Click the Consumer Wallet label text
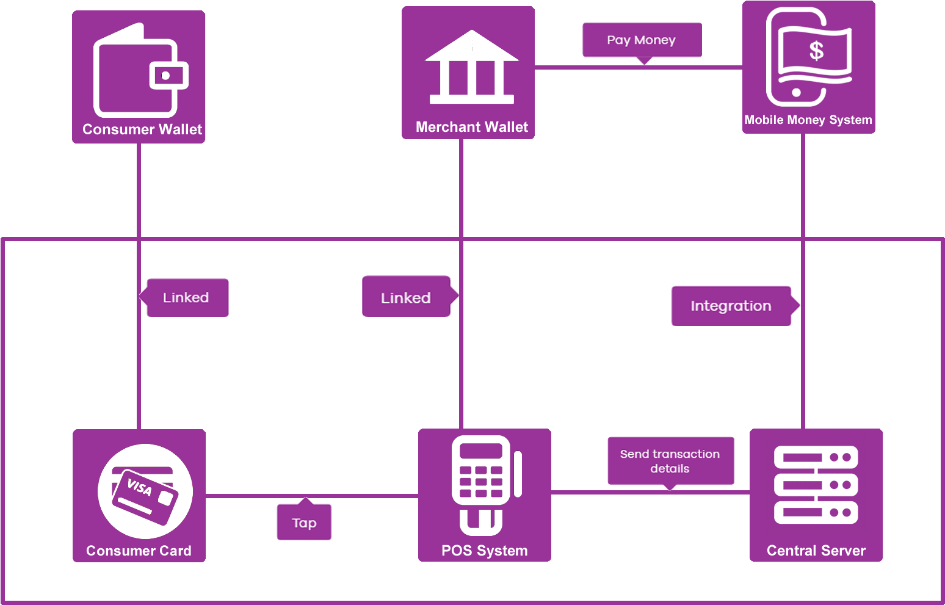point(142,129)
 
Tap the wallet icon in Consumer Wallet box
point(140,71)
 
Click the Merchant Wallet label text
point(472,127)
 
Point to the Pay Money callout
point(642,40)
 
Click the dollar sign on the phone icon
point(816,51)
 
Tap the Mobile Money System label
point(808,120)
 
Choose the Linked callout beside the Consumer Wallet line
point(186,298)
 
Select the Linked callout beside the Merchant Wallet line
point(406,298)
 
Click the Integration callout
point(731,306)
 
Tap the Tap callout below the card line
point(304,523)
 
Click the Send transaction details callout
point(670,462)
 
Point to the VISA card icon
point(145,491)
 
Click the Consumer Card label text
point(139,551)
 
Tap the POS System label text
point(484,551)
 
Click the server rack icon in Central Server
point(816,485)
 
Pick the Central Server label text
point(816,551)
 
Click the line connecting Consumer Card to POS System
point(366,496)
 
